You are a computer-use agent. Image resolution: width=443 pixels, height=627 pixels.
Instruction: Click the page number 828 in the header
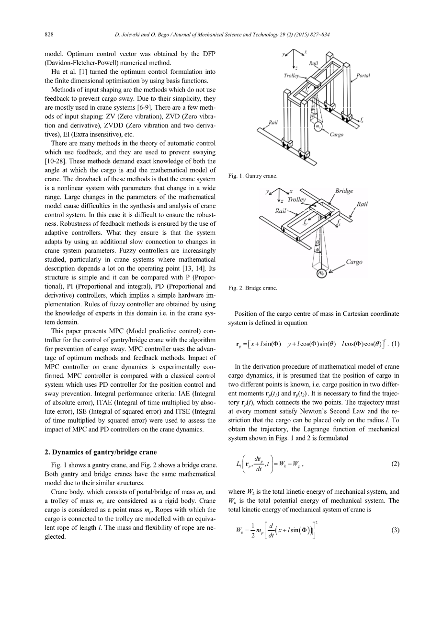pos(48,35)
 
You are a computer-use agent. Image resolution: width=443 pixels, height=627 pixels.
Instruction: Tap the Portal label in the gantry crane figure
pos(363,76)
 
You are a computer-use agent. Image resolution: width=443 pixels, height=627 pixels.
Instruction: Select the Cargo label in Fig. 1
pos(336,135)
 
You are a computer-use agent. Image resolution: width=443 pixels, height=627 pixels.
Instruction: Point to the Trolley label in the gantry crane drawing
pos(291,76)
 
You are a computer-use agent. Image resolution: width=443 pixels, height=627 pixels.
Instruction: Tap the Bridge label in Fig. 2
pos(344,191)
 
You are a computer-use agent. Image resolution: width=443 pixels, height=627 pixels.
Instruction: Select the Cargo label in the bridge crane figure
pos(354,262)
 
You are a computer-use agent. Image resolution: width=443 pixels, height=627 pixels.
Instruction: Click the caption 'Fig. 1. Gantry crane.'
pos(252,176)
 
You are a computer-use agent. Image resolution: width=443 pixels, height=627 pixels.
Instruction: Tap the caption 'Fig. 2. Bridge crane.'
pos(252,289)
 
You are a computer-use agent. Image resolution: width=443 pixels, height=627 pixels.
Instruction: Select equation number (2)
pos(395,464)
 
